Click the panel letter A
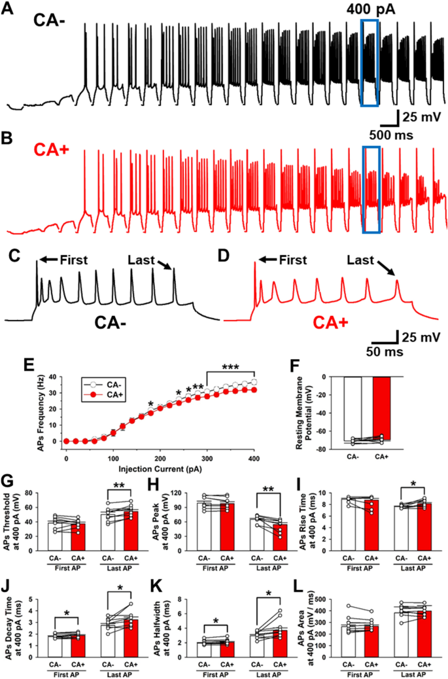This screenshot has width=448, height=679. click(9, 12)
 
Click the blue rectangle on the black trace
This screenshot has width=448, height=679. click(370, 62)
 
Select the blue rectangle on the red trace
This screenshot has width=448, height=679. click(371, 190)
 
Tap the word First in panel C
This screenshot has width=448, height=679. click(73, 260)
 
